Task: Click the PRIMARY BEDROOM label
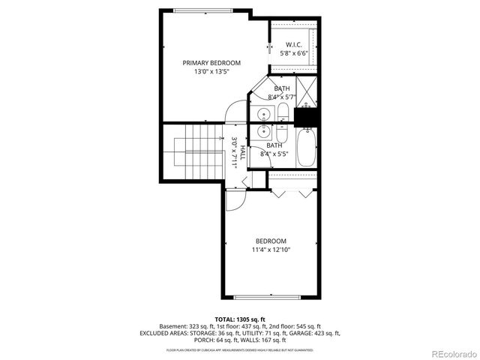pos(211,63)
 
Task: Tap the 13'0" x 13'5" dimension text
pos(211,73)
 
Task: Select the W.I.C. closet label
pos(293,44)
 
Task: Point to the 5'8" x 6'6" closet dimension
pos(293,53)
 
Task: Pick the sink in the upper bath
pos(264,115)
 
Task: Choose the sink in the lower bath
pos(264,132)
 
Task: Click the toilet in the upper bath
pos(283,113)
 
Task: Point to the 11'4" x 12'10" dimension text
pos(271,250)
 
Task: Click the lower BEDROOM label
pos(271,241)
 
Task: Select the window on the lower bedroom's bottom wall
pos(271,297)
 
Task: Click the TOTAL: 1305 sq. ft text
pos(240,319)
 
